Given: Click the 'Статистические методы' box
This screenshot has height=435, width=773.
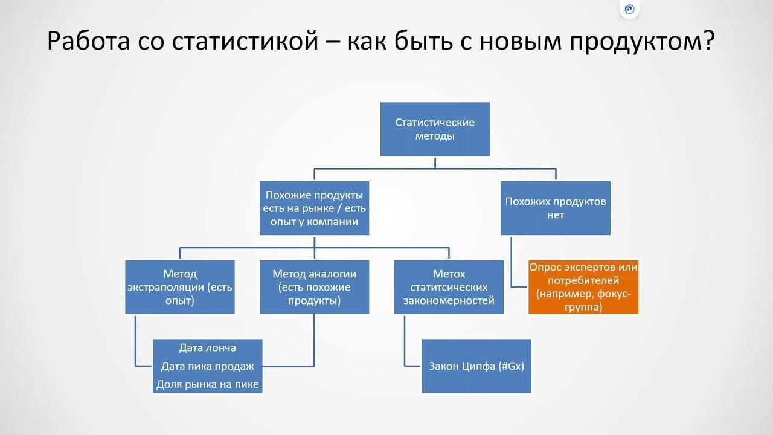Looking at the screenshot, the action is (435, 129).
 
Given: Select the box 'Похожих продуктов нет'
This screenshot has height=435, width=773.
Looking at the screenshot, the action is (556, 208).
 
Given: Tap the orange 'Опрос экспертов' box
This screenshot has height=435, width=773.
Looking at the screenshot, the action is (583, 287).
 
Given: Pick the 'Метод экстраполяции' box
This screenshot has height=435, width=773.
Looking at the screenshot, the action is (180, 287).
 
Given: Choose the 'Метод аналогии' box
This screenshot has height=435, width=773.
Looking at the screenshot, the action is (314, 287).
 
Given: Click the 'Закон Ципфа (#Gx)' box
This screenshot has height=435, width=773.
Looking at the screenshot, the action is (476, 366).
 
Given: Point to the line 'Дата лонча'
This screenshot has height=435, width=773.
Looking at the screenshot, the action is (207, 347).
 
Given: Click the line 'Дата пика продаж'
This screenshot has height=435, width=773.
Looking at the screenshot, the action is (207, 366).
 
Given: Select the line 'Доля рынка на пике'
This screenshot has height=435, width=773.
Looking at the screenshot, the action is (207, 384).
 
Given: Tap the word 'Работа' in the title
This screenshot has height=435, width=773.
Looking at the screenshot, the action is (88, 41).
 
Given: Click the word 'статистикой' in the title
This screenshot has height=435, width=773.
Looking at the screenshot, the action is (245, 41).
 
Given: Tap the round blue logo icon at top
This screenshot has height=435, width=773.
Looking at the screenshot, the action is (629, 9).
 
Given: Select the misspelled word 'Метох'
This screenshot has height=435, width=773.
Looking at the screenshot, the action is (449, 274).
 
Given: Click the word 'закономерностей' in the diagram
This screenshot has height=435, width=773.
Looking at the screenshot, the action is (449, 301).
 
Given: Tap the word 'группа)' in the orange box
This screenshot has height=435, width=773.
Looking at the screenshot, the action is (583, 307).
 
